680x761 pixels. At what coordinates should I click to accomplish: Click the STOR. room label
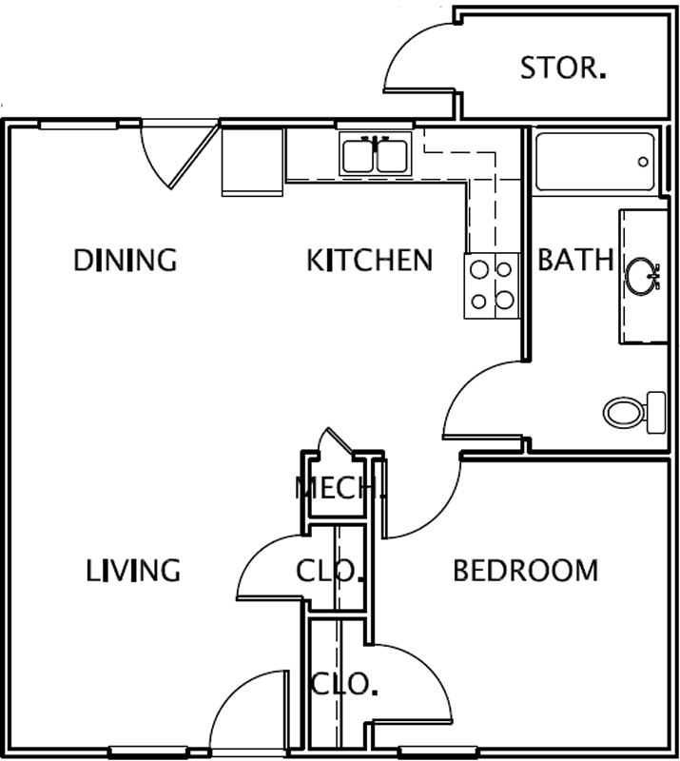(563, 68)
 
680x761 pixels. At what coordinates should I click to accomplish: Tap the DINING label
(126, 260)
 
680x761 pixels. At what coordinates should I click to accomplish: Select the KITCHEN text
(369, 260)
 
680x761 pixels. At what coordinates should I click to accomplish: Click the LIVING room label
(133, 570)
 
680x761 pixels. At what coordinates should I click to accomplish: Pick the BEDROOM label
(526, 570)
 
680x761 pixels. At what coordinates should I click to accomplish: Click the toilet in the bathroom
(635, 413)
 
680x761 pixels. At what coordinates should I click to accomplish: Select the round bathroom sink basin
(642, 276)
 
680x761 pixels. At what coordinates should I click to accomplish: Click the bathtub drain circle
(643, 162)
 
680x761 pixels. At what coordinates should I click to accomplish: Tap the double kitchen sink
(375, 154)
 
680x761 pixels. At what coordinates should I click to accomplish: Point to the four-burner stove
(492, 285)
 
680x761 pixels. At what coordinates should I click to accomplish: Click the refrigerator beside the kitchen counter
(252, 162)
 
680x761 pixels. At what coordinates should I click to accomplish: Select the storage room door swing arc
(408, 46)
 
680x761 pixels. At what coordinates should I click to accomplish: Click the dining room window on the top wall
(78, 126)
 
